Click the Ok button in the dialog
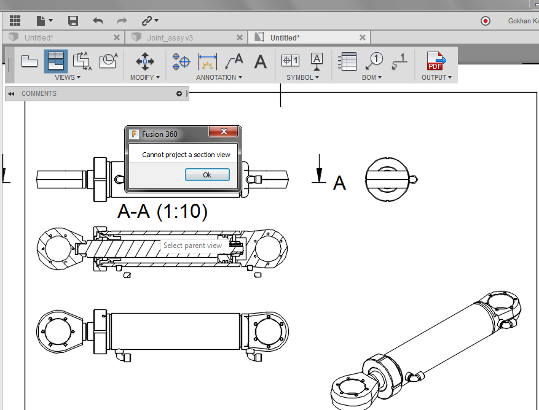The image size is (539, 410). [x=207, y=175]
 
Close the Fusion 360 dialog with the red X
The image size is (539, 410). [x=224, y=131]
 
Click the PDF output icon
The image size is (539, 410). [x=436, y=61]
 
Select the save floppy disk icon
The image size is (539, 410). [x=73, y=21]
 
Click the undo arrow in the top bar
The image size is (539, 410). [x=98, y=21]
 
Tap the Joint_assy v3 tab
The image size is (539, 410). [x=170, y=38]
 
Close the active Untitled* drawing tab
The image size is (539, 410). [x=363, y=37]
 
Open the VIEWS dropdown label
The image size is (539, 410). [x=68, y=77]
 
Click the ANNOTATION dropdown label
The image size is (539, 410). [x=219, y=77]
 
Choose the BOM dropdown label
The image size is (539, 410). [x=372, y=77]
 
